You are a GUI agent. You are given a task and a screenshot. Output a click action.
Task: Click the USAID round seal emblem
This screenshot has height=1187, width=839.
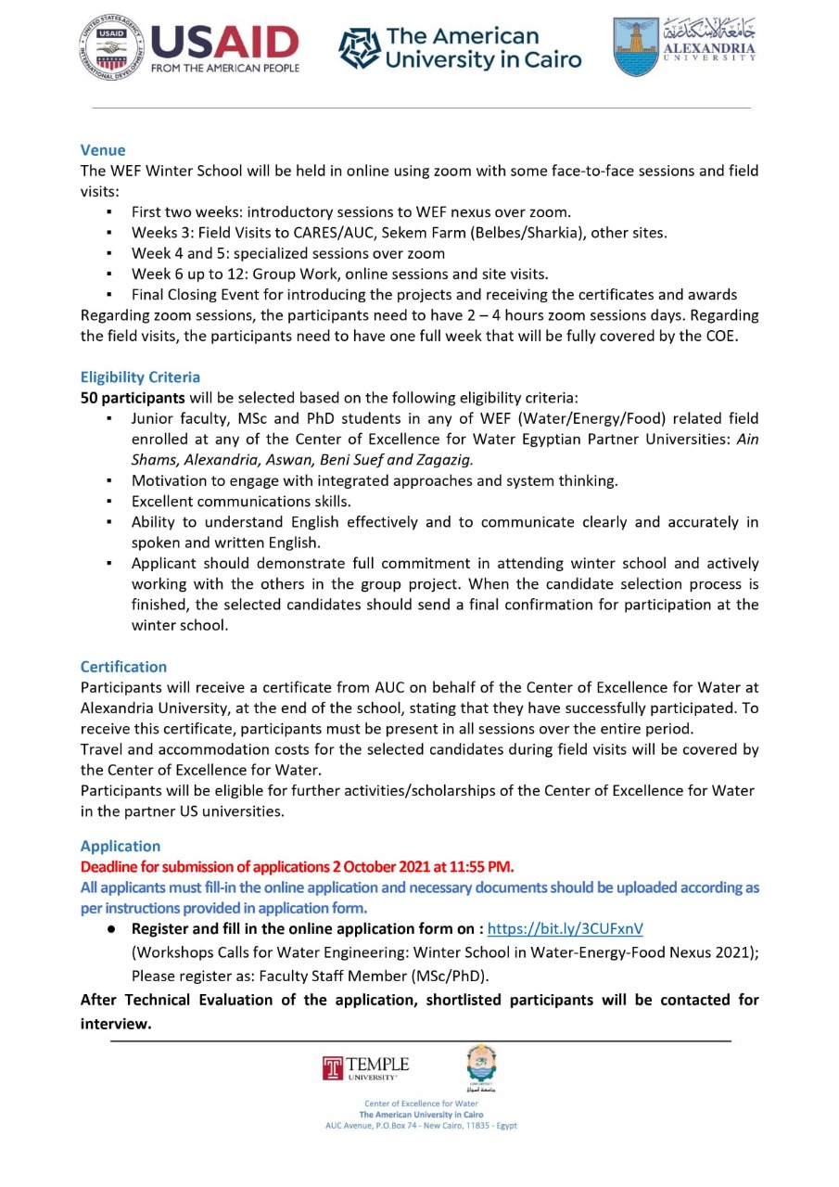point(111,47)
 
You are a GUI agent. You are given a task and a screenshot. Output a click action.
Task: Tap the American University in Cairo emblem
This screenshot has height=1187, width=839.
point(359,49)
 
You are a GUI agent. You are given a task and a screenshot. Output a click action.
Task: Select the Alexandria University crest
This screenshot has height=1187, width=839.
point(635,46)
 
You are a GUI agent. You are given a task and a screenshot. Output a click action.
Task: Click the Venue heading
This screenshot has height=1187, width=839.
point(103,149)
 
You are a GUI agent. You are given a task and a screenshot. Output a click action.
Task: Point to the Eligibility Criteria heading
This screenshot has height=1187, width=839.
point(140,377)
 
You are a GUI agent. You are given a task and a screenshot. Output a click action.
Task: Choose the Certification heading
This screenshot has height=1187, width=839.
point(123,667)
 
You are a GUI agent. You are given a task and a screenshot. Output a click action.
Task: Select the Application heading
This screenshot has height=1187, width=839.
point(121,846)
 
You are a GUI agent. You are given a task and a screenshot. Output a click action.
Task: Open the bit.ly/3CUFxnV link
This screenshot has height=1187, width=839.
point(565,928)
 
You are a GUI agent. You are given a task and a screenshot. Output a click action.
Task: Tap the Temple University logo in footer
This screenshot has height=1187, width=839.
point(365,1067)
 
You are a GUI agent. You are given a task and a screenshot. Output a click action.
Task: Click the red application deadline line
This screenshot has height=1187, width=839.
point(297,867)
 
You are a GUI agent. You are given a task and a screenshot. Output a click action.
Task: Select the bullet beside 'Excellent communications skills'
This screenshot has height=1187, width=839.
point(110,502)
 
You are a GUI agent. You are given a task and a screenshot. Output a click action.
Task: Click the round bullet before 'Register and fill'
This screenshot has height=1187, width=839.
point(110,928)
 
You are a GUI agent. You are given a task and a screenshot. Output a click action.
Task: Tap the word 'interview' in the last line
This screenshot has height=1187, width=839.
point(116,1024)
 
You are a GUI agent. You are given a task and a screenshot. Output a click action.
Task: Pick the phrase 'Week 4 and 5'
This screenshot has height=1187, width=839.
point(172,253)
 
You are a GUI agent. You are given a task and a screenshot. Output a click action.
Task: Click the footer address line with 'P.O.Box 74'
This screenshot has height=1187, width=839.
point(421,1126)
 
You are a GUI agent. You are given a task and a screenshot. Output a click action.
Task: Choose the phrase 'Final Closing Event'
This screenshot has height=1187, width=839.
point(192,295)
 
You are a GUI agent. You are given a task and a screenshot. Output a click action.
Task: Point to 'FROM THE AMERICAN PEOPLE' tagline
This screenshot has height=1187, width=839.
point(224,68)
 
